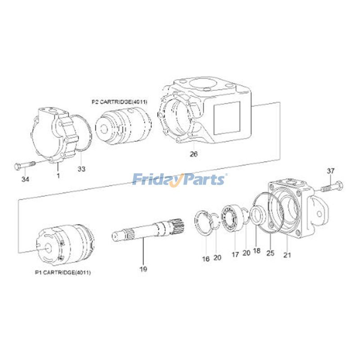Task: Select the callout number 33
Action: [x=81, y=169]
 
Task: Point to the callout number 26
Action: [x=193, y=154]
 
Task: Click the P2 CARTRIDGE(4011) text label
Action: [x=120, y=102]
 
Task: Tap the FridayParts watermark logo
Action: [x=180, y=180]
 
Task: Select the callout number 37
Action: [x=331, y=171]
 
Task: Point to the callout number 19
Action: [x=143, y=270]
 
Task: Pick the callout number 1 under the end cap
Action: [x=58, y=174]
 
